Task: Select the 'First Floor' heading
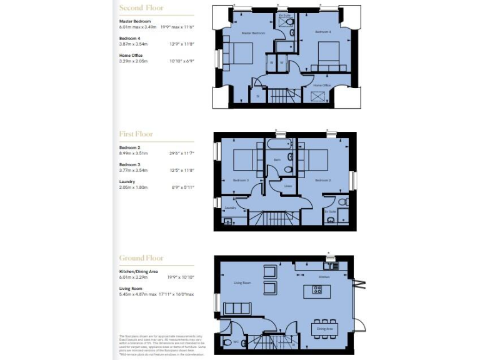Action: pyautogui.click(x=136, y=134)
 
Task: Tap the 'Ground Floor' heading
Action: pyautogui.click(x=141, y=257)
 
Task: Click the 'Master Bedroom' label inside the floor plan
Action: pyautogui.click(x=253, y=32)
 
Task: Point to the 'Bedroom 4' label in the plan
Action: pyautogui.click(x=322, y=31)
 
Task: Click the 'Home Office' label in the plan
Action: pyautogui.click(x=322, y=85)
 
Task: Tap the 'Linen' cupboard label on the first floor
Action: pyautogui.click(x=287, y=186)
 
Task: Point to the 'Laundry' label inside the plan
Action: pyautogui.click(x=229, y=207)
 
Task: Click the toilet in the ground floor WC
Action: pyautogui.click(x=227, y=342)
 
